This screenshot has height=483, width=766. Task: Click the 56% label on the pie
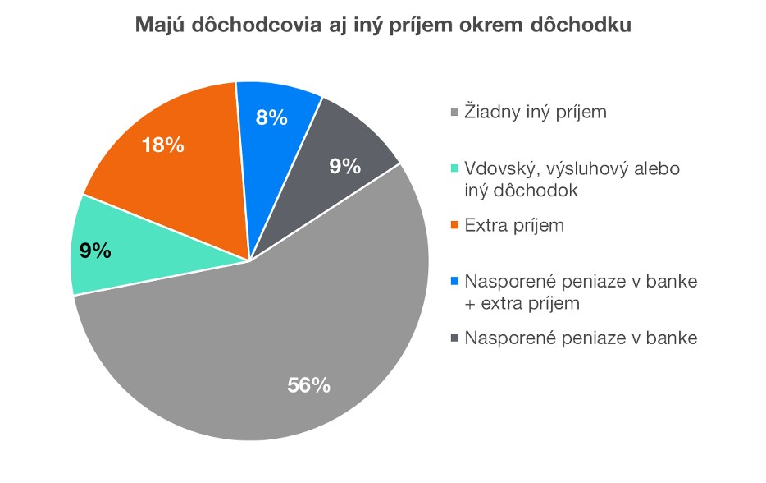[x=308, y=384]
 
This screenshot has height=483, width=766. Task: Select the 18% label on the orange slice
[x=162, y=145]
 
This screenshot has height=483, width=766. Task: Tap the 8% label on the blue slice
[x=271, y=117]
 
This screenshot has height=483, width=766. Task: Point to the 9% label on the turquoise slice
[x=96, y=251]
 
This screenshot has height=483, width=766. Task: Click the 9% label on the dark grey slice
[x=344, y=166]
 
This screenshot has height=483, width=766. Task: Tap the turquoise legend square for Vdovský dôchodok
[x=457, y=169]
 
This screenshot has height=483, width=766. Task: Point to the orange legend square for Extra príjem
[x=457, y=225]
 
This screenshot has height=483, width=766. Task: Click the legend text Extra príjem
[x=514, y=224]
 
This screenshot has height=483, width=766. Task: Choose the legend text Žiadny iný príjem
[x=536, y=112]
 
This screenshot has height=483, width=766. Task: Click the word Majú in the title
[x=157, y=26]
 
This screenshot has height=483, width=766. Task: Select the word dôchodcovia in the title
[x=247, y=26]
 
